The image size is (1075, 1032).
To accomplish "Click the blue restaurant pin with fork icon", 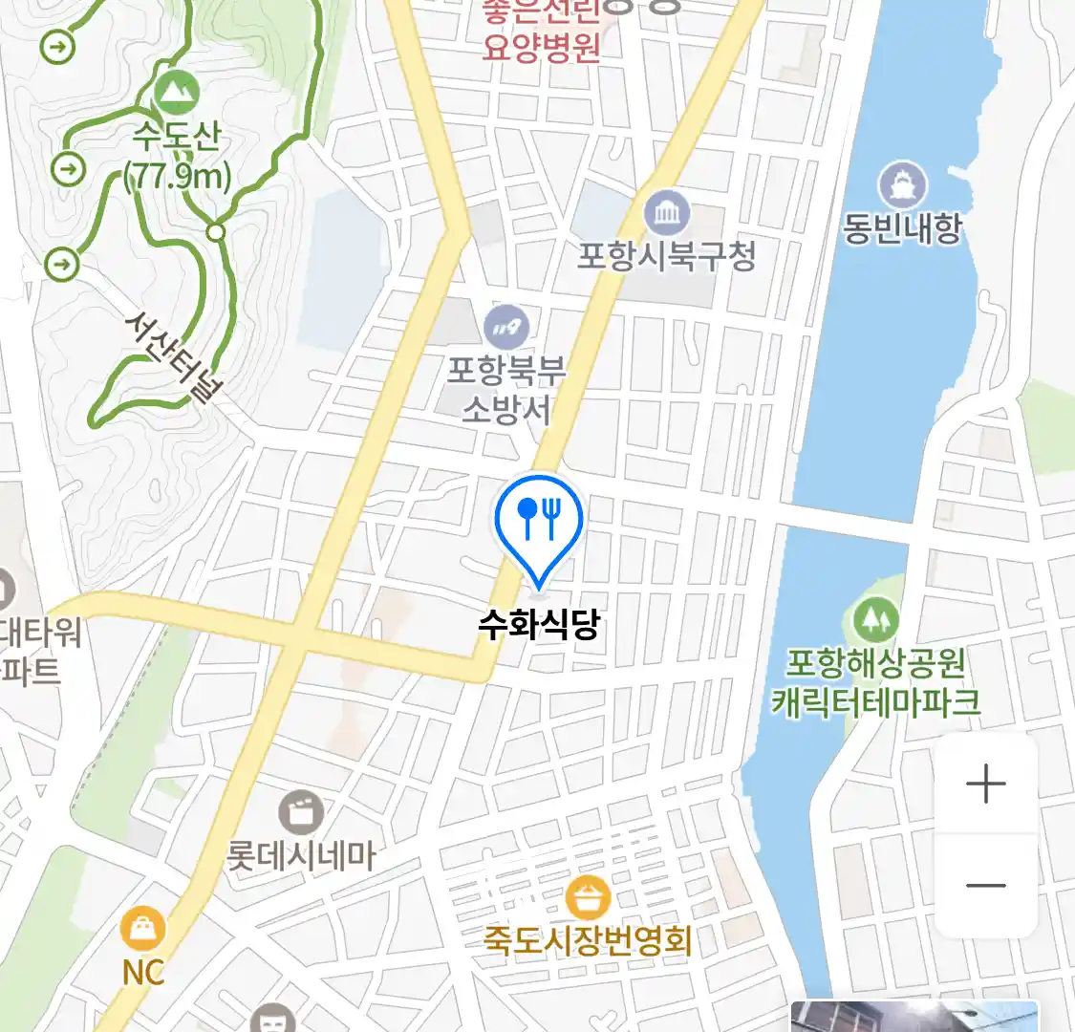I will tap(539, 521).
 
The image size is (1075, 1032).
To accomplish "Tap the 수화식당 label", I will tap(539, 625).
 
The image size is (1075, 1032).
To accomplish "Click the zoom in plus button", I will tap(985, 785).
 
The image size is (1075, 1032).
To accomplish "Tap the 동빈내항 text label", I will tap(901, 228).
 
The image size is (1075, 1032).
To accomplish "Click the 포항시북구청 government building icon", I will tap(667, 213).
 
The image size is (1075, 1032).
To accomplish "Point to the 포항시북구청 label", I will tap(667, 255).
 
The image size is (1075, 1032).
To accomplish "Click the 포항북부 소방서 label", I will tap(506, 390).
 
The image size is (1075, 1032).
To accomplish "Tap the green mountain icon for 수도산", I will tap(176, 92).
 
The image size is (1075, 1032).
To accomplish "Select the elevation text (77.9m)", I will tap(178, 176).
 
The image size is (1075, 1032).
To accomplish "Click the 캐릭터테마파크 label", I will tap(876, 702).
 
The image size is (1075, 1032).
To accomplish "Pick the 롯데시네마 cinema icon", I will tap(301, 813).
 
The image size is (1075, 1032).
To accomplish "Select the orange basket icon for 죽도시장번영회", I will tap(588, 898).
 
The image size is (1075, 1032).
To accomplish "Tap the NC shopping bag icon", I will tap(143, 928).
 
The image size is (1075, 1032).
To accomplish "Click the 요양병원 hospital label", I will tap(541, 45).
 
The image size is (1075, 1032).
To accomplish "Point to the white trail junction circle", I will tap(217, 231).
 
